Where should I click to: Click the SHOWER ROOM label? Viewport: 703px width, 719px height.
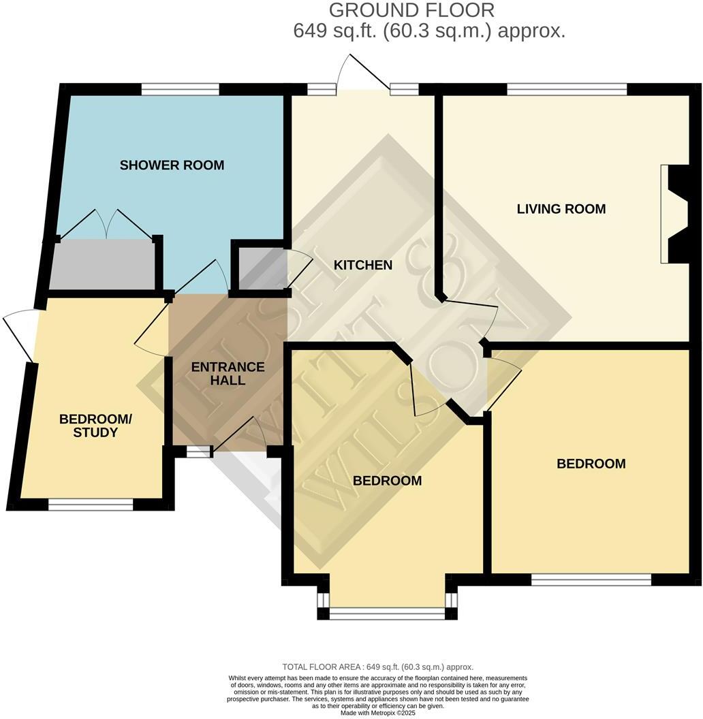[172, 165]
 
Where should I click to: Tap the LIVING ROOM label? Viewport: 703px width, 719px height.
[561, 209]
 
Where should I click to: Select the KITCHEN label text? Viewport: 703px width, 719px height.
[362, 265]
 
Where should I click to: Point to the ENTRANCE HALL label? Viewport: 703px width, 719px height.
[228, 374]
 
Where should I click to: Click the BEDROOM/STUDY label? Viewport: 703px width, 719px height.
[95, 426]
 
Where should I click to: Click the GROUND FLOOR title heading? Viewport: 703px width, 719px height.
[411, 10]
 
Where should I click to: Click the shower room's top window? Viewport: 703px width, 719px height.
[181, 89]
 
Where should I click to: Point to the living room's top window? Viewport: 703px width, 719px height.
[566, 89]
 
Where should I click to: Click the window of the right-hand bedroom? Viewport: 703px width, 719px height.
[591, 580]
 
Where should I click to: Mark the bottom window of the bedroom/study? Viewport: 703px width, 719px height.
[91, 505]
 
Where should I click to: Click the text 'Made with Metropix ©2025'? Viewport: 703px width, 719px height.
[377, 713]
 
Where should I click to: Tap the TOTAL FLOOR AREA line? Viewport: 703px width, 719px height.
[377, 667]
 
